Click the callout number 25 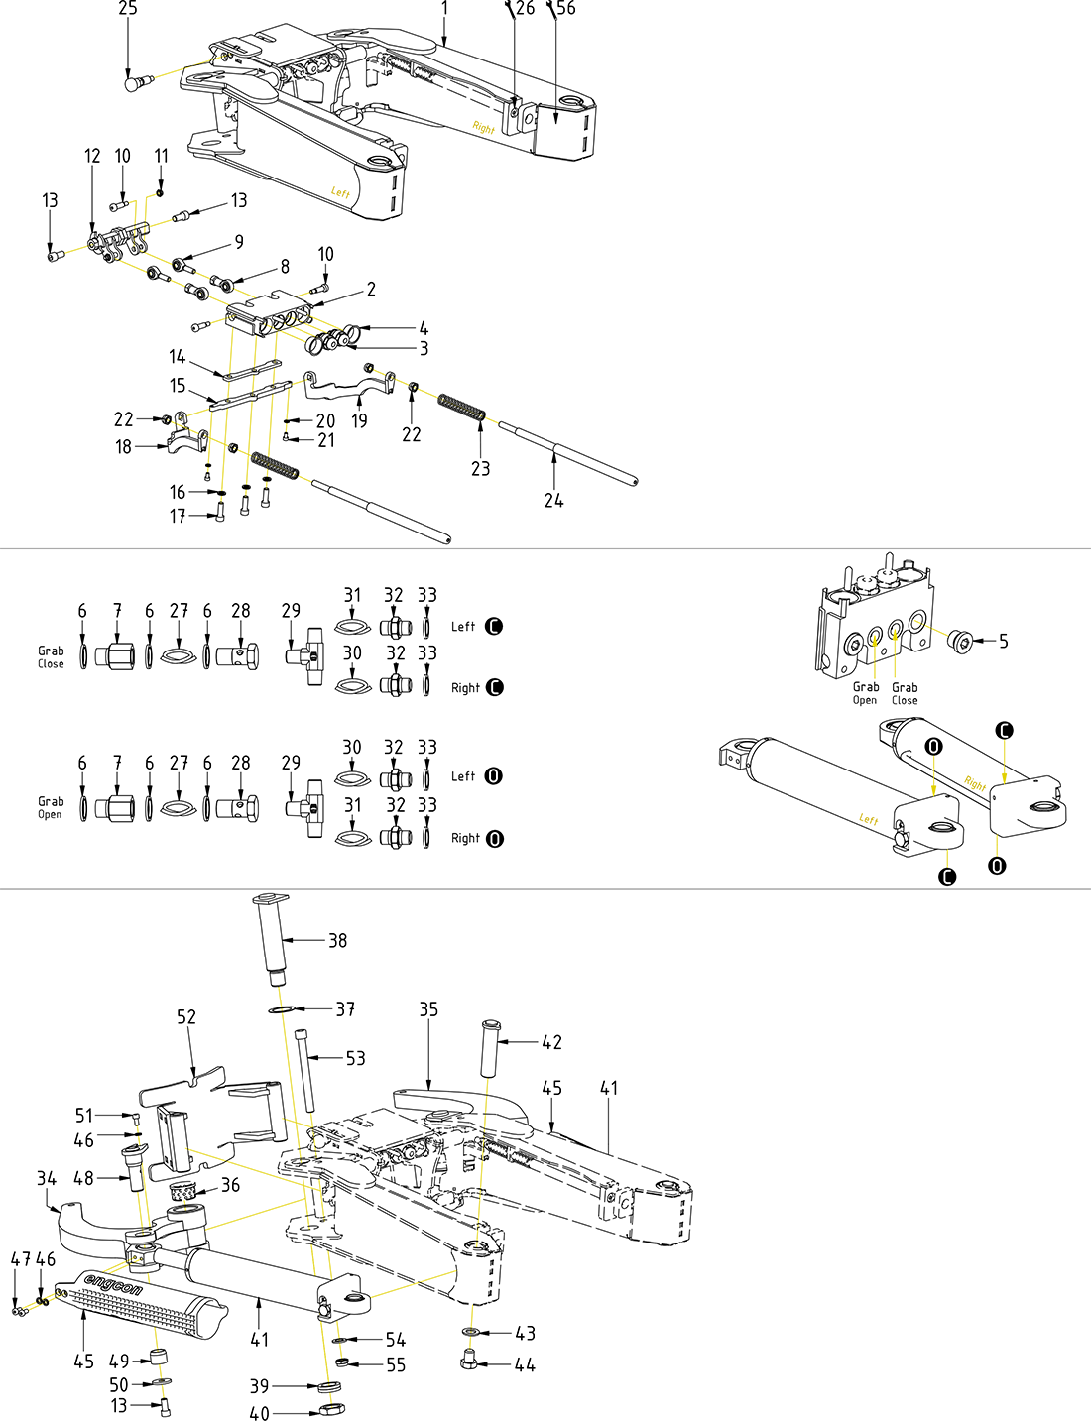pyautogui.click(x=128, y=9)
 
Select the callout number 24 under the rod pyautogui.click(x=553, y=501)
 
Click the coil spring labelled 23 pyautogui.click(x=462, y=407)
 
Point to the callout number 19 pyautogui.click(x=359, y=420)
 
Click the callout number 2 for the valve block pyautogui.click(x=371, y=290)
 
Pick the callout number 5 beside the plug pyautogui.click(x=1004, y=642)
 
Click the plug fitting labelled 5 pyautogui.click(x=960, y=641)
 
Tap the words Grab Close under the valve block pyautogui.click(x=905, y=693)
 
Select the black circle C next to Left pyautogui.click(x=494, y=627)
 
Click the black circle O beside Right pyautogui.click(x=495, y=839)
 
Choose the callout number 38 pyautogui.click(x=338, y=941)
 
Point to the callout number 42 pyautogui.click(x=551, y=1043)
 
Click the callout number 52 pyautogui.click(x=186, y=1017)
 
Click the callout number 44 pyautogui.click(x=525, y=1365)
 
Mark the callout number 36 pyautogui.click(x=230, y=1185)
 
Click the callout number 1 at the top pyautogui.click(x=445, y=9)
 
